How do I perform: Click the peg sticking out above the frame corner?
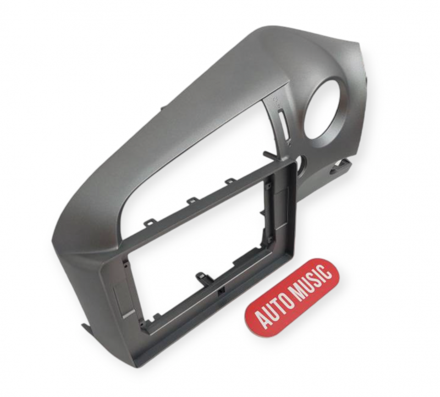tap(269, 155)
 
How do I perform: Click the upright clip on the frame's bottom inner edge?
tap(201, 277)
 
